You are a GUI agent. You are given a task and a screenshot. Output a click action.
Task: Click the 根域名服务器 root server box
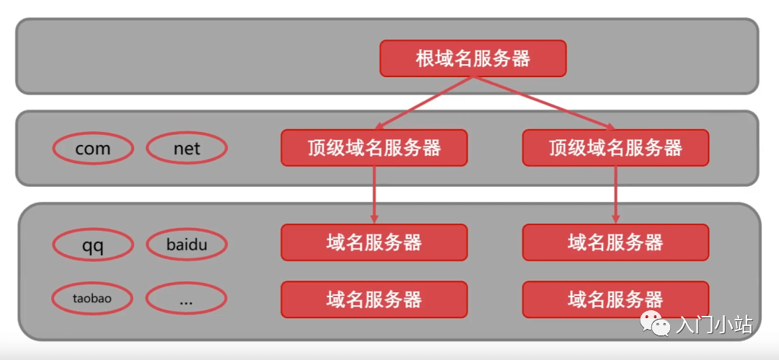point(473,58)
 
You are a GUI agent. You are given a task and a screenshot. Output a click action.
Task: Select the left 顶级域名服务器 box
point(374,148)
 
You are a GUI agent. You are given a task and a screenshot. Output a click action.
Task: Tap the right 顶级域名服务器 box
point(615,148)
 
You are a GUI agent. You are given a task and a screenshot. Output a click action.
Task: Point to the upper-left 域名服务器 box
point(374,242)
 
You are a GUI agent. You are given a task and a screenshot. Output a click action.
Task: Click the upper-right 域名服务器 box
point(615,242)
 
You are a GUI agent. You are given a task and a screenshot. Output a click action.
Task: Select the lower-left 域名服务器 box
point(374,299)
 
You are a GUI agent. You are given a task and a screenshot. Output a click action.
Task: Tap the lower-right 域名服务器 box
point(615,299)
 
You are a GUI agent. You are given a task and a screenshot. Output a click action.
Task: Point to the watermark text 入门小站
point(714,325)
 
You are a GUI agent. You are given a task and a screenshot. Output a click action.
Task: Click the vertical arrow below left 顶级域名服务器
point(374,195)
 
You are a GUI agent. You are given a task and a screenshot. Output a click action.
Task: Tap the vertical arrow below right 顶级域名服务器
point(615,195)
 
